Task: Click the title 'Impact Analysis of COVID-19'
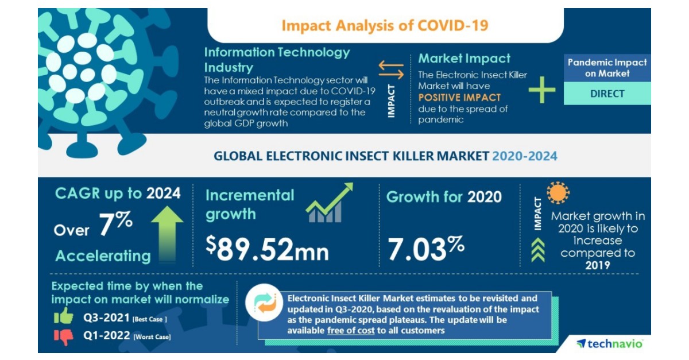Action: (x=385, y=25)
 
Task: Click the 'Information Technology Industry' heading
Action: (x=277, y=59)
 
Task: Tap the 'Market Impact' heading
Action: (x=464, y=59)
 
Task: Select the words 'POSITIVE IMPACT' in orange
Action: (x=459, y=98)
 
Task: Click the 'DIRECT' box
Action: (x=607, y=94)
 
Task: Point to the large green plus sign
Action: (x=542, y=91)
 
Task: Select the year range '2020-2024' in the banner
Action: (x=524, y=156)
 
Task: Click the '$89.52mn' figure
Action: (x=267, y=249)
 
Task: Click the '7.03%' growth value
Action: (x=425, y=248)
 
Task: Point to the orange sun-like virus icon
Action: (x=558, y=193)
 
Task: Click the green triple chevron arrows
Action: (x=538, y=250)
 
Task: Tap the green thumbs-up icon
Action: (x=64, y=316)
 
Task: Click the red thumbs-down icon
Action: (x=64, y=336)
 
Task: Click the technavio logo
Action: (x=610, y=343)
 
